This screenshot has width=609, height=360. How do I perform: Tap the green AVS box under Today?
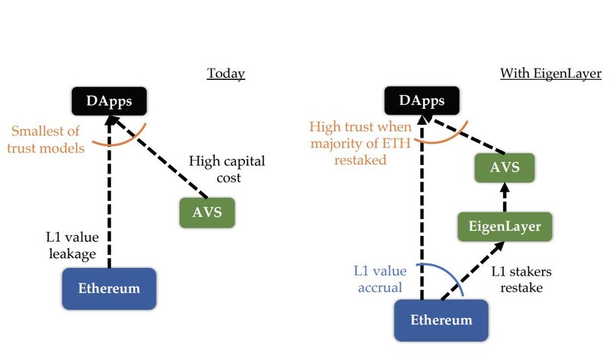click(207, 212)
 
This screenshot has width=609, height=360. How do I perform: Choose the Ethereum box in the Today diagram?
click(108, 289)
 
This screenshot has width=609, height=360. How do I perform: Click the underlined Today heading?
click(226, 74)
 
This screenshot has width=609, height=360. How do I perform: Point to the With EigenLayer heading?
click(550, 74)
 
